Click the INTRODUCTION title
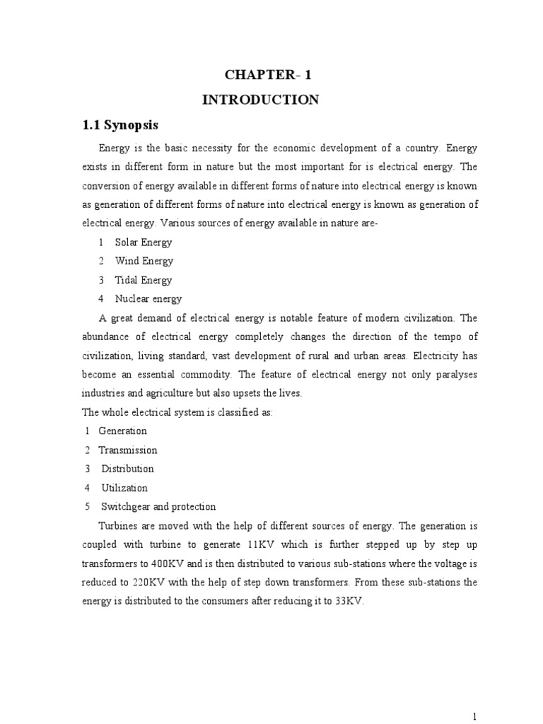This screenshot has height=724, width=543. [x=261, y=100]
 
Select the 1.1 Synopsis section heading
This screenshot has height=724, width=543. [x=121, y=126]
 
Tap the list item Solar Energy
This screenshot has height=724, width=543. [x=144, y=242]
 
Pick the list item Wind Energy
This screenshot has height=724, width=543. [x=144, y=261]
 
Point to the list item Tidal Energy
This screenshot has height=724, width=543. [x=144, y=280]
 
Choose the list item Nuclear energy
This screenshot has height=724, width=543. [x=148, y=299]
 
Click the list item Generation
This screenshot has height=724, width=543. [x=123, y=431]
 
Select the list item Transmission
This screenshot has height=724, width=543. [x=128, y=450]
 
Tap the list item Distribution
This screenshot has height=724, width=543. [x=127, y=469]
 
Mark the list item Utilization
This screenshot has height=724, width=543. [x=124, y=488]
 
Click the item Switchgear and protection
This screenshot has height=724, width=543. [x=158, y=507]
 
